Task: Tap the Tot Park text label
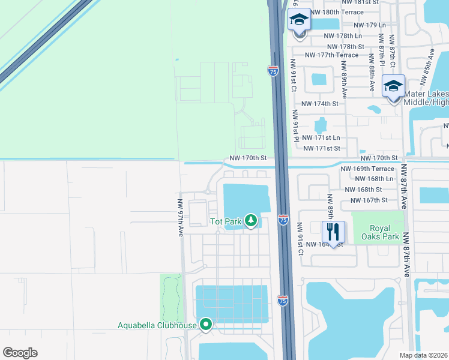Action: (226, 222)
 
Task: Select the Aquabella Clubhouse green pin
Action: (206, 325)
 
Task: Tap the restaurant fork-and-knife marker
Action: (333, 230)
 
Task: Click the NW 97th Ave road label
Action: (179, 218)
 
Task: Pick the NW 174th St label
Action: (320, 104)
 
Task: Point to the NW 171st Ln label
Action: (322, 138)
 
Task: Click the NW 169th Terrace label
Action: (367, 169)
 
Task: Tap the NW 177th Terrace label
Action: (331, 55)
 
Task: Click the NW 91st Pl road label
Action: (296, 126)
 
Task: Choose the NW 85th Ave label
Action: (429, 62)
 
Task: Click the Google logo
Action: (20, 353)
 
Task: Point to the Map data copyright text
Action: (424, 355)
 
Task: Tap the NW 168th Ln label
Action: (374, 179)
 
